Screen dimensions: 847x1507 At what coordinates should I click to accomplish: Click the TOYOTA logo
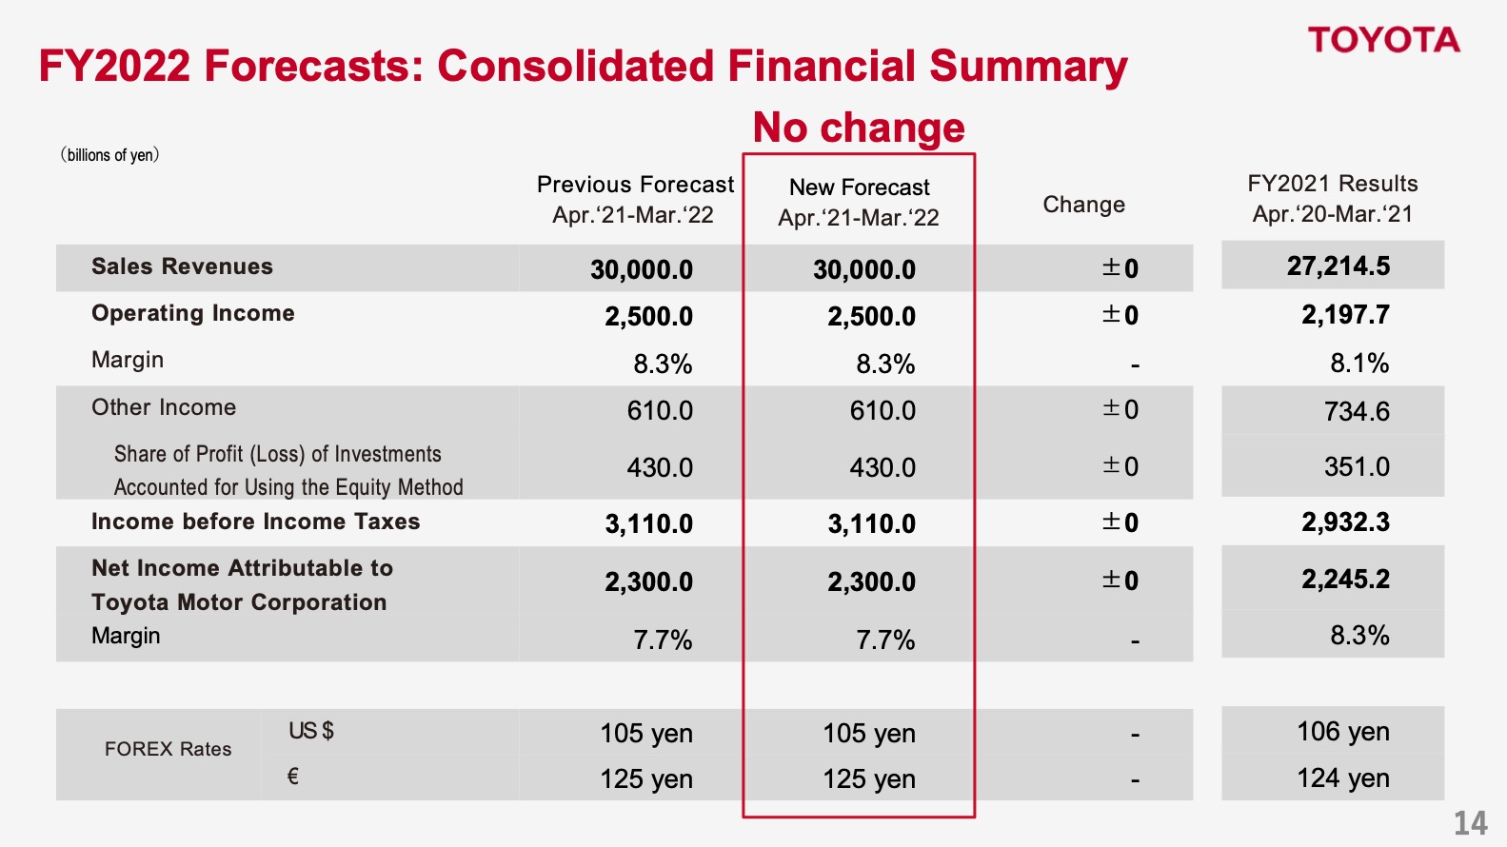[1383, 40]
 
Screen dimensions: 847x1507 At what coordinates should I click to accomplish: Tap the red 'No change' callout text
[859, 127]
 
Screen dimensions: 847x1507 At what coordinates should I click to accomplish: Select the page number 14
[1470, 823]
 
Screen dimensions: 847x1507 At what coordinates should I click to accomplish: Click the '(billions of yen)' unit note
[109, 155]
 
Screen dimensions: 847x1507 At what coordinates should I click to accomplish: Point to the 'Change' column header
[1083, 205]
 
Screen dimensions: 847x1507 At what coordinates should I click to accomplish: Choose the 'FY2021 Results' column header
[1332, 184]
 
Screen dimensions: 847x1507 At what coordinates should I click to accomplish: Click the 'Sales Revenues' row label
[182, 266]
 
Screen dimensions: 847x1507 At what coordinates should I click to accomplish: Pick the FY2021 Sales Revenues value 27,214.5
[1338, 266]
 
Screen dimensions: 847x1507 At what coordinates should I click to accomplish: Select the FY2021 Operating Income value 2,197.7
[1345, 315]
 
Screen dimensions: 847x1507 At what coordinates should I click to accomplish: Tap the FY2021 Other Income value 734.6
[1357, 411]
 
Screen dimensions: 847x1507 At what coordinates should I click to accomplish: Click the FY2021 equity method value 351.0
[1357, 466]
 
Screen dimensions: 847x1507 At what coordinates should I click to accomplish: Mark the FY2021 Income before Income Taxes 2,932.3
[1345, 522]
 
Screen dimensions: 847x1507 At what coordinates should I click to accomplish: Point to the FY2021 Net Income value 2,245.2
[1345, 579]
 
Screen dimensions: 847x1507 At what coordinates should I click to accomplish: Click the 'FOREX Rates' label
[168, 749]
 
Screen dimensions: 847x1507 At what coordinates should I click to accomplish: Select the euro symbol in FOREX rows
[293, 777]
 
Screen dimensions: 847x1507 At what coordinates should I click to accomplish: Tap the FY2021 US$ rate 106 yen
[1342, 731]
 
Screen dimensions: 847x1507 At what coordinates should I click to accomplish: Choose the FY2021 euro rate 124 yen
[1342, 778]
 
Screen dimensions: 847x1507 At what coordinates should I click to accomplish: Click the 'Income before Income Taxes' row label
[255, 522]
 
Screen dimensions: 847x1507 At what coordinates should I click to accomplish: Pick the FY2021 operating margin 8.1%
[1359, 363]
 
